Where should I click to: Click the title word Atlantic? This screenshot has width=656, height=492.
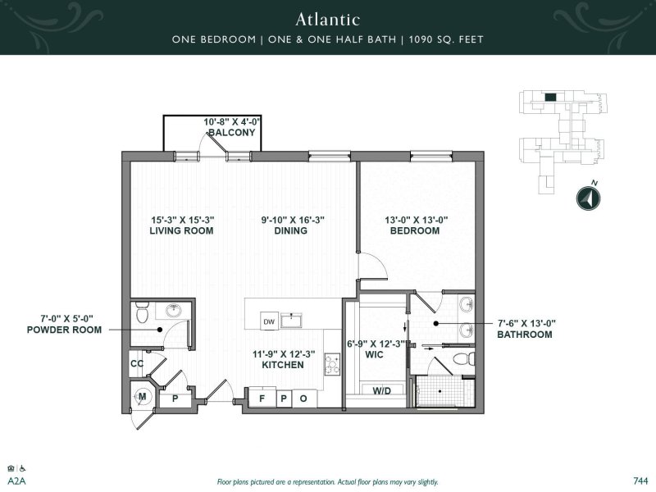(328, 18)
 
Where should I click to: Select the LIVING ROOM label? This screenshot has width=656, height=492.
(181, 231)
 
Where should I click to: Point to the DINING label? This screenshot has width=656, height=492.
(291, 231)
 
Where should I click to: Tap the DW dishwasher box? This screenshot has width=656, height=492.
(268, 321)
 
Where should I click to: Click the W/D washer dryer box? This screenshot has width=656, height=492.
(382, 390)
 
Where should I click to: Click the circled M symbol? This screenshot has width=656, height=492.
(142, 397)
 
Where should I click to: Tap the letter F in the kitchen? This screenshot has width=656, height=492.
(262, 399)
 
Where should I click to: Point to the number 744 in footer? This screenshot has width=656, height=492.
(640, 481)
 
